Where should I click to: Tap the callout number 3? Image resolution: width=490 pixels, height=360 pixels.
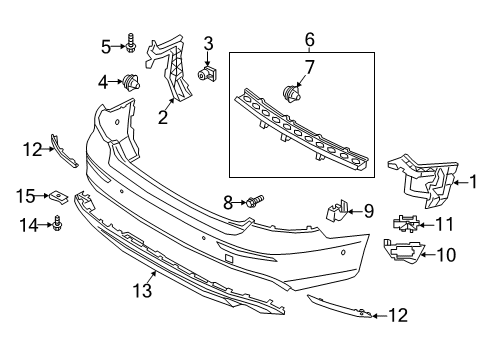tap(208, 42)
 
